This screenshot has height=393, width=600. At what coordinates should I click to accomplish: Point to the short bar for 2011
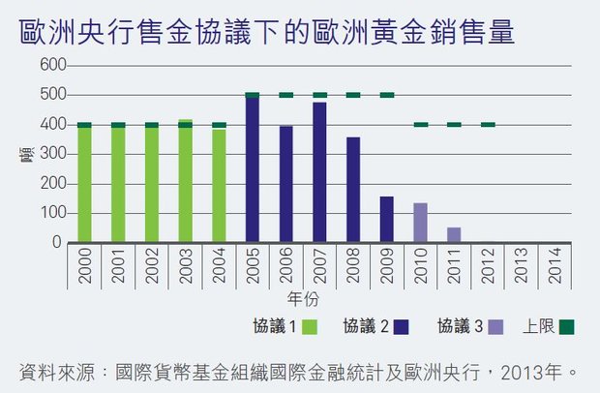(454, 234)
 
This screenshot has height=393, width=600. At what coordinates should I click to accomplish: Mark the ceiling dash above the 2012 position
(488, 125)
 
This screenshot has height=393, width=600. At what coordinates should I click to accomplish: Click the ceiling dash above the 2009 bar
(386, 95)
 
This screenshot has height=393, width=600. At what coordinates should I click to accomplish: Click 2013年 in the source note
(533, 371)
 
